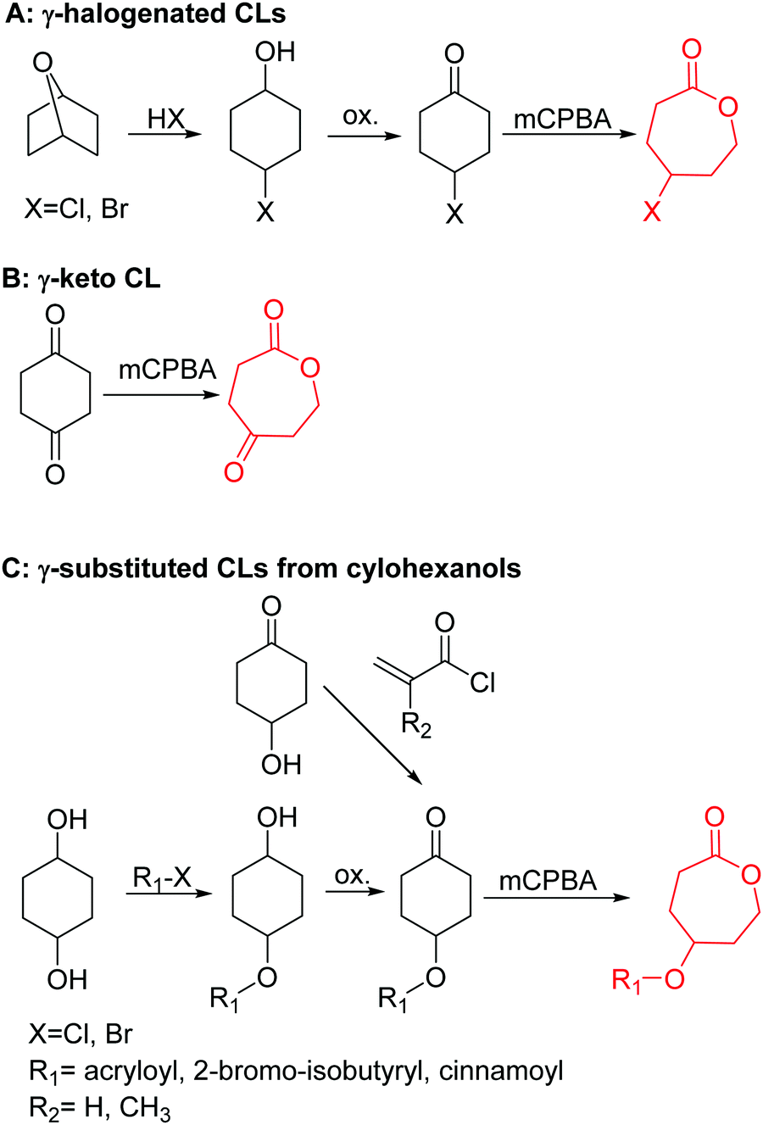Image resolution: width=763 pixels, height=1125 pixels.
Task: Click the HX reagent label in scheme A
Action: pos(165,120)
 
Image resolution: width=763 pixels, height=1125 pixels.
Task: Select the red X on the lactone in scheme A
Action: pos(651,212)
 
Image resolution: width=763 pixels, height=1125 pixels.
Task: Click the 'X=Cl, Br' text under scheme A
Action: pos(76,209)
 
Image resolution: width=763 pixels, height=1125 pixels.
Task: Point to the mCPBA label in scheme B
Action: pos(167,370)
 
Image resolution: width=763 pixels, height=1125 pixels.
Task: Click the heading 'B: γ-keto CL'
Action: pos(81,279)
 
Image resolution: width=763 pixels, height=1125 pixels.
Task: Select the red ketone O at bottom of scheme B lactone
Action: pos(234,471)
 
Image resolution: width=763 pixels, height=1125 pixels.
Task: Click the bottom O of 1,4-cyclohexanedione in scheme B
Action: pos(55,473)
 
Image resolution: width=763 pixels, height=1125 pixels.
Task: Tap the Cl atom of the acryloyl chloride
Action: pos(482,682)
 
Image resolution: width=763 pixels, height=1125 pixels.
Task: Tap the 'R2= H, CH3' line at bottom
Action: pos(99,1107)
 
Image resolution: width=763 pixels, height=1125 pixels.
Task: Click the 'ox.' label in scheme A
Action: pos(359,115)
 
